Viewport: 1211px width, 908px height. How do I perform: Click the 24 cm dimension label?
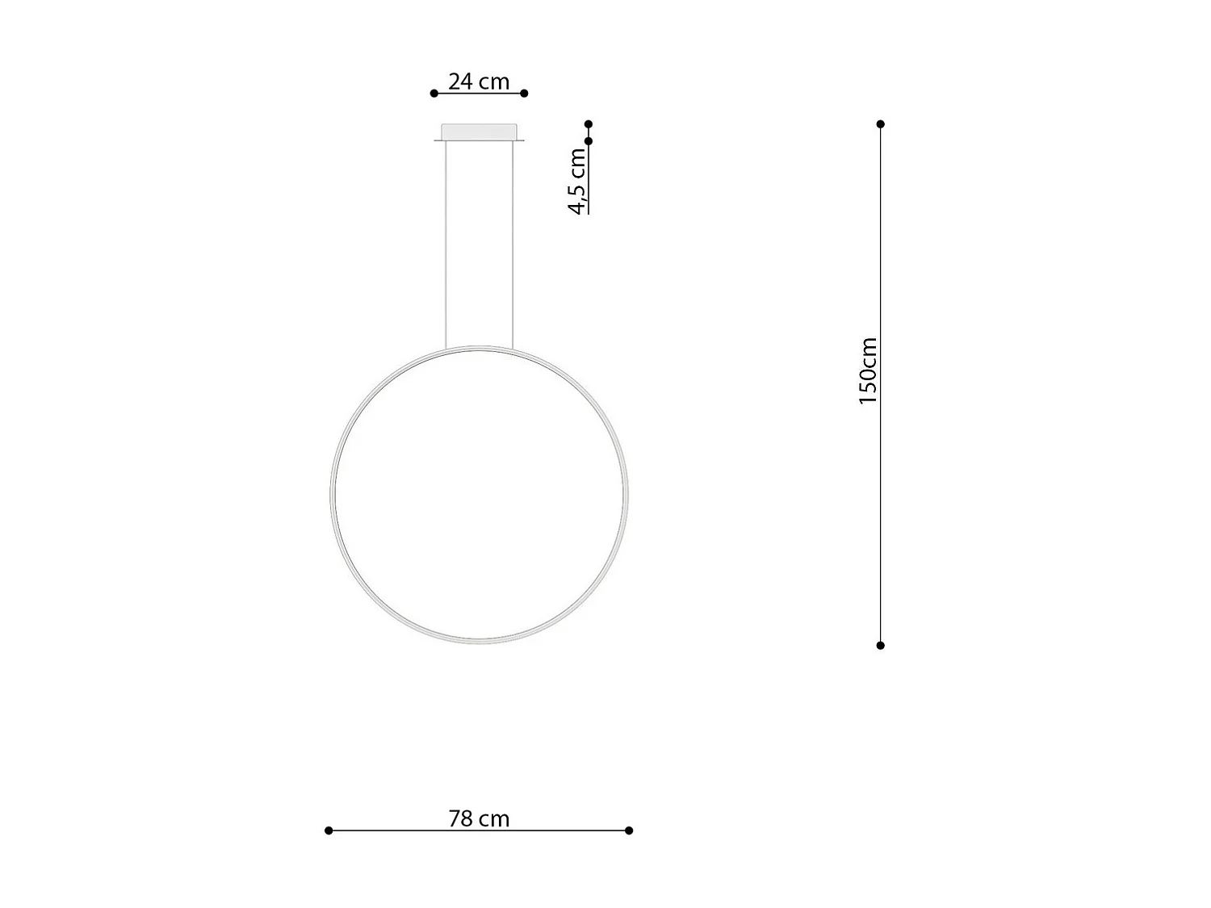coord(479,82)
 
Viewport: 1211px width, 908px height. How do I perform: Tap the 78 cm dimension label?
coord(479,818)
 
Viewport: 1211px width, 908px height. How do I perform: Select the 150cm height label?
coord(868,370)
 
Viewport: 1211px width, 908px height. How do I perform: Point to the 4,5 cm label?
coord(578,182)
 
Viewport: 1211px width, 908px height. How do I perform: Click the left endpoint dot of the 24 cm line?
coord(434,94)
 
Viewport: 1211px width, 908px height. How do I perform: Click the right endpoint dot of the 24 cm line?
coord(524,94)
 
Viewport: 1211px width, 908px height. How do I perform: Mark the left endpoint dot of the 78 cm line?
coord(329,831)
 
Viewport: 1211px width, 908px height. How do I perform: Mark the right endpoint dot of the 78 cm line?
coord(629,831)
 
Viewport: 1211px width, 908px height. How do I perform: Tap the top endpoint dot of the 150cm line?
coord(881,124)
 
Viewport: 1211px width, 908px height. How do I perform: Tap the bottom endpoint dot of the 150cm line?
coord(881,646)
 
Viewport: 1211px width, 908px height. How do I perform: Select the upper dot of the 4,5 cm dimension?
coord(589,124)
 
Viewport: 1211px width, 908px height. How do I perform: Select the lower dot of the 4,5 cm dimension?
coord(589,141)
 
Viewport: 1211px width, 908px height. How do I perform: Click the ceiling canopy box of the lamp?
coord(479,132)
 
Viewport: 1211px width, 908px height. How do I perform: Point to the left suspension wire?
coord(446,242)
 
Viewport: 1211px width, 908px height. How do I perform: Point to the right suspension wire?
coord(513,242)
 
